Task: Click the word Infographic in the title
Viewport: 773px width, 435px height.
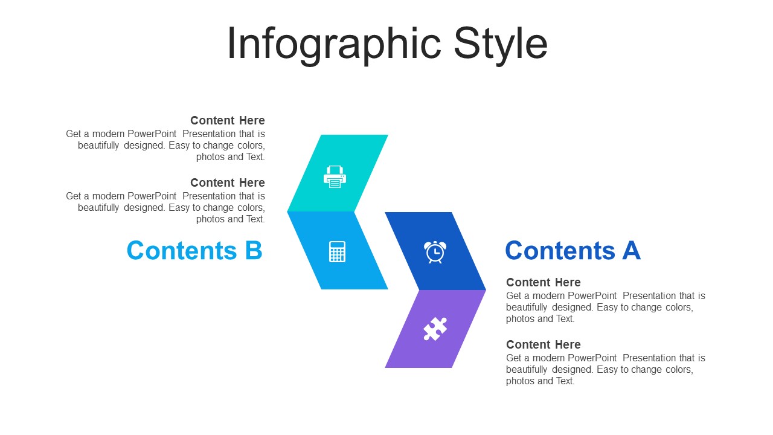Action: click(x=334, y=45)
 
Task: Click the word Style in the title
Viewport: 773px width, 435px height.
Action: click(x=501, y=45)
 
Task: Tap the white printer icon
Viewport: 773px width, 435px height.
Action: click(x=335, y=177)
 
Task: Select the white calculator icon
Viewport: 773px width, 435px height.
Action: click(x=337, y=252)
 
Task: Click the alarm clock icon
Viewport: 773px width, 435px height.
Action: click(x=435, y=252)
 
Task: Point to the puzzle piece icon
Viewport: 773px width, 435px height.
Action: click(x=435, y=329)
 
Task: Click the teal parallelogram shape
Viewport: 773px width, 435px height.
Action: click(x=338, y=173)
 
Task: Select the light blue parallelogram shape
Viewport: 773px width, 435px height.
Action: click(x=338, y=251)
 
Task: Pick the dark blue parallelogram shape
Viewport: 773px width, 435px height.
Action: click(x=435, y=251)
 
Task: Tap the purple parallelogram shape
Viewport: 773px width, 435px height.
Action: click(x=435, y=329)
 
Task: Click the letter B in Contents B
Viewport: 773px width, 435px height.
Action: click(x=254, y=250)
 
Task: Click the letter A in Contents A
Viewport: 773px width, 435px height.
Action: click(x=632, y=250)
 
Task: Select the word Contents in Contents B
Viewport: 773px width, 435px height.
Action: click(x=182, y=250)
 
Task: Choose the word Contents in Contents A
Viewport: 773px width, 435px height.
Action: click(x=560, y=250)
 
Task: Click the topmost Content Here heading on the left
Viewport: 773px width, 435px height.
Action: click(x=228, y=120)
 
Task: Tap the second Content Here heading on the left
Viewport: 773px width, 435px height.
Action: click(x=228, y=182)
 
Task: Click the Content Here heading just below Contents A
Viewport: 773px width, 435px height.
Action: click(x=544, y=282)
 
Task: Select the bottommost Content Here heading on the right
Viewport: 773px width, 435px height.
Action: click(x=544, y=344)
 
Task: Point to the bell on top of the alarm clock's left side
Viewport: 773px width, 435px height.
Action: click(x=427, y=244)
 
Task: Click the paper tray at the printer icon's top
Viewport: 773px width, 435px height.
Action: click(x=335, y=170)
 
